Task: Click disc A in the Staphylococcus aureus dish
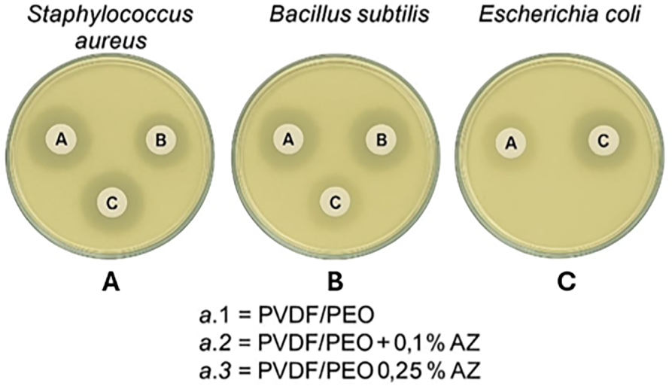[x=62, y=139]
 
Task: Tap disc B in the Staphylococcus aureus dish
[x=161, y=140]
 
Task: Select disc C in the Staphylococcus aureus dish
[x=112, y=202]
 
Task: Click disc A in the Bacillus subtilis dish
[x=288, y=139]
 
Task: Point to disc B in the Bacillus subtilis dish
[x=381, y=140]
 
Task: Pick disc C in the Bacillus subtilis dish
[x=335, y=202]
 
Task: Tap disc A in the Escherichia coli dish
[x=511, y=144]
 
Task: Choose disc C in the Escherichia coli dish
[x=604, y=141]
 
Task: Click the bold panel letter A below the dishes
[x=111, y=282]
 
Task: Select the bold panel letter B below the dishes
[x=336, y=282]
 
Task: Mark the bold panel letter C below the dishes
[x=566, y=282]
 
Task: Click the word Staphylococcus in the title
[x=109, y=15]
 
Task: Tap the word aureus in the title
[x=111, y=41]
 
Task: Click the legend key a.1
[x=216, y=316]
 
